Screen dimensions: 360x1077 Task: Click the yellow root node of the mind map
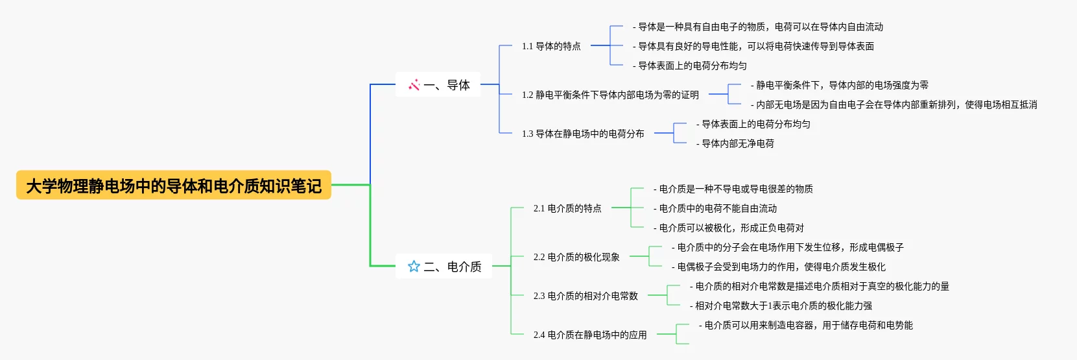click(x=174, y=186)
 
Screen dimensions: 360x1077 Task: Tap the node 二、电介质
click(x=452, y=267)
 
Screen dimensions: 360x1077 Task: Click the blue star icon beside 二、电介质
click(x=414, y=267)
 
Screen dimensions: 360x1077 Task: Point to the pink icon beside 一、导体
click(x=414, y=85)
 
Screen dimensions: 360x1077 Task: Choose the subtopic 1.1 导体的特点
click(x=551, y=46)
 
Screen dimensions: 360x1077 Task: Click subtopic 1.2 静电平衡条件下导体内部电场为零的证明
click(x=610, y=95)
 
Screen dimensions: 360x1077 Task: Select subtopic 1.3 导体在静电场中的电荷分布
click(x=583, y=134)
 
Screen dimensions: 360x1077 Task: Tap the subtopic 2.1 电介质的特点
click(x=567, y=208)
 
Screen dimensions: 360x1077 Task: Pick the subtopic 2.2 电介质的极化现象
click(x=576, y=257)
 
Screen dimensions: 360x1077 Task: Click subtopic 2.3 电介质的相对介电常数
click(x=586, y=296)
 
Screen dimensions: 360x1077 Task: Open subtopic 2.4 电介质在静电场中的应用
click(x=590, y=335)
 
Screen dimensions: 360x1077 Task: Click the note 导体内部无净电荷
click(x=735, y=143)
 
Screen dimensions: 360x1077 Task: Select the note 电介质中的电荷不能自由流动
click(x=715, y=208)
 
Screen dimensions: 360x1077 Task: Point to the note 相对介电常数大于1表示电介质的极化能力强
click(x=781, y=306)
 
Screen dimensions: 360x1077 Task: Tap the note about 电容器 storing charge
click(x=806, y=325)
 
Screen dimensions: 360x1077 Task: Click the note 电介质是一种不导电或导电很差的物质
click(x=733, y=189)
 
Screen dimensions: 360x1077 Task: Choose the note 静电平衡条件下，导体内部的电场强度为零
click(x=840, y=85)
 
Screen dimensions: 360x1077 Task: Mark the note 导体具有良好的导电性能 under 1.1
click(x=753, y=46)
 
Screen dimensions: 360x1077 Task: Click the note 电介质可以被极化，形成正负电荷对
click(x=729, y=228)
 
